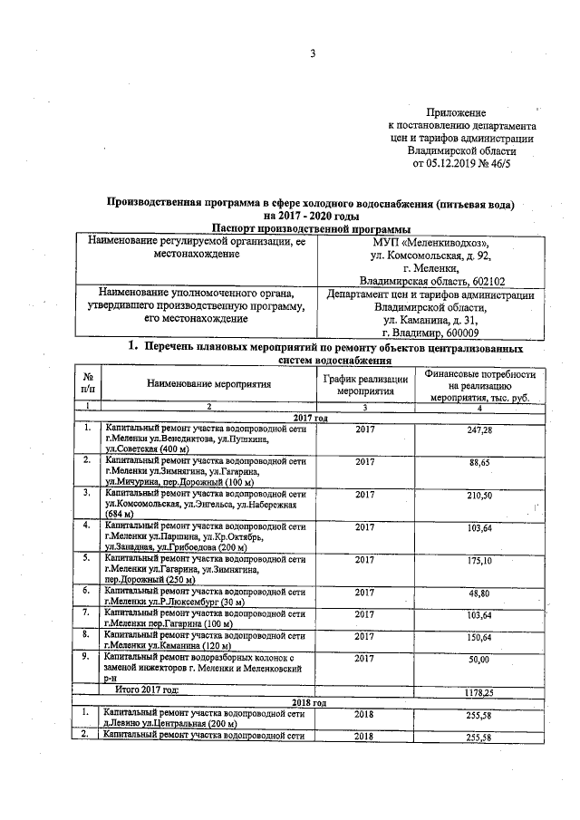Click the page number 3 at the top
tap(312, 53)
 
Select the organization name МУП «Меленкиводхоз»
tap(430, 243)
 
